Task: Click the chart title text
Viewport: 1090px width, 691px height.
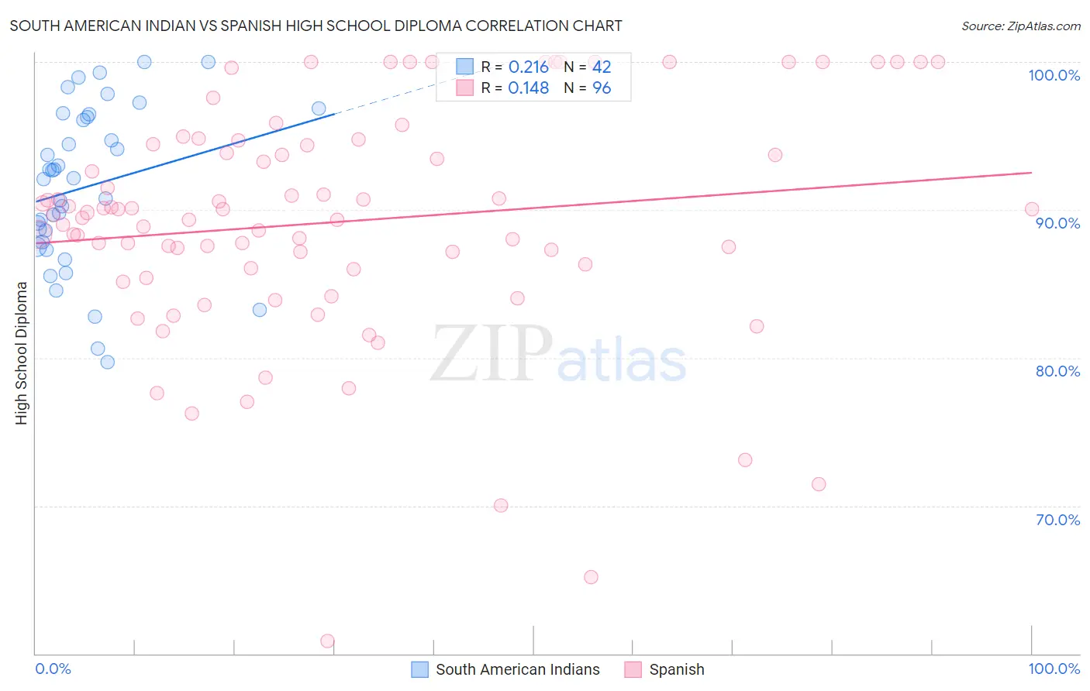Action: [x=316, y=26]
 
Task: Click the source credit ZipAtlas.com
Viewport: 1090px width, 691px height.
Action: [x=1020, y=26]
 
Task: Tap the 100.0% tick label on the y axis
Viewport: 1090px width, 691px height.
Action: [x=1054, y=75]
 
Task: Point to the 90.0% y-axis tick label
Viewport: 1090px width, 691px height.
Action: [x=1057, y=223]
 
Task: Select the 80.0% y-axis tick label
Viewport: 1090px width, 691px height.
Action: [x=1057, y=371]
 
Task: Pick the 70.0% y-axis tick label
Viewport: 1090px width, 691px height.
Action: [x=1057, y=520]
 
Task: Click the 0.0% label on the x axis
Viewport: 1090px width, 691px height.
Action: [x=53, y=669]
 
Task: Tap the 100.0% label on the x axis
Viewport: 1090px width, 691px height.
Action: [x=1054, y=669]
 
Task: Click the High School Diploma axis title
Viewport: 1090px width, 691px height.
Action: [x=22, y=352]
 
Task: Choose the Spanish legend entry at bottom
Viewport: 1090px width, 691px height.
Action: [x=676, y=669]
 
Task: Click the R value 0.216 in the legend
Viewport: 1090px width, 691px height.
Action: [x=529, y=67]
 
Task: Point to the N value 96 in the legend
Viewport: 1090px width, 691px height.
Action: [x=602, y=88]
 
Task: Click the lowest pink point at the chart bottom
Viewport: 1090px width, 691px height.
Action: [x=327, y=641]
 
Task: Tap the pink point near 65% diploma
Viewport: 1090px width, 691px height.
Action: [x=591, y=577]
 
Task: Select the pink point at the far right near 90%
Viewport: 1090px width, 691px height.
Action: [x=1032, y=209]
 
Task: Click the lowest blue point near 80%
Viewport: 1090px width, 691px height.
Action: [x=108, y=362]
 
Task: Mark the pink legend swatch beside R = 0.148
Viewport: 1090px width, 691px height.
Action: [x=464, y=88]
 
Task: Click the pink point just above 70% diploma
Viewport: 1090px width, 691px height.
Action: [x=501, y=505]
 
